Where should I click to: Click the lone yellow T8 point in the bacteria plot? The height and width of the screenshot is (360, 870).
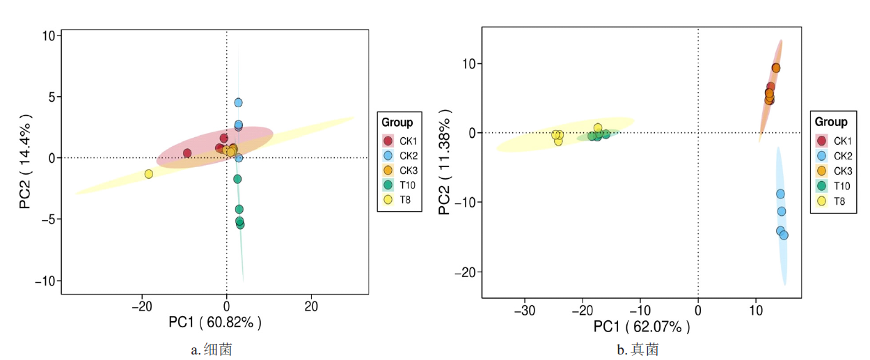click(x=148, y=174)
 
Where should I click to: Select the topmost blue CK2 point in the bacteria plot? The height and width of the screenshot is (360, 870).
click(x=238, y=102)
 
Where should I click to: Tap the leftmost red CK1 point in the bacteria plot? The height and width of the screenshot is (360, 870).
click(x=187, y=153)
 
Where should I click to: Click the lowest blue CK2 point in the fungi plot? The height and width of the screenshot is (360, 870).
click(x=784, y=235)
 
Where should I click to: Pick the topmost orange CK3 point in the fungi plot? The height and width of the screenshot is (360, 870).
click(x=776, y=68)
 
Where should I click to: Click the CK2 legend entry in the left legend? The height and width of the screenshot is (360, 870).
click(x=400, y=154)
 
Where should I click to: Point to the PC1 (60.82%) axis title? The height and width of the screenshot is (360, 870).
click(x=216, y=322)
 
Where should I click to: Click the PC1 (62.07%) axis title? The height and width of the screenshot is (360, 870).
click(x=642, y=327)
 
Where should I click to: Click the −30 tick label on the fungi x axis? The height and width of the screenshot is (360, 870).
click(x=524, y=310)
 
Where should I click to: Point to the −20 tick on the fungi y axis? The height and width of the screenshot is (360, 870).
click(x=464, y=272)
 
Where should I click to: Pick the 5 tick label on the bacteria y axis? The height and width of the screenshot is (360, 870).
click(x=51, y=97)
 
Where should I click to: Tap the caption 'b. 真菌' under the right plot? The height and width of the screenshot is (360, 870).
click(x=638, y=350)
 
